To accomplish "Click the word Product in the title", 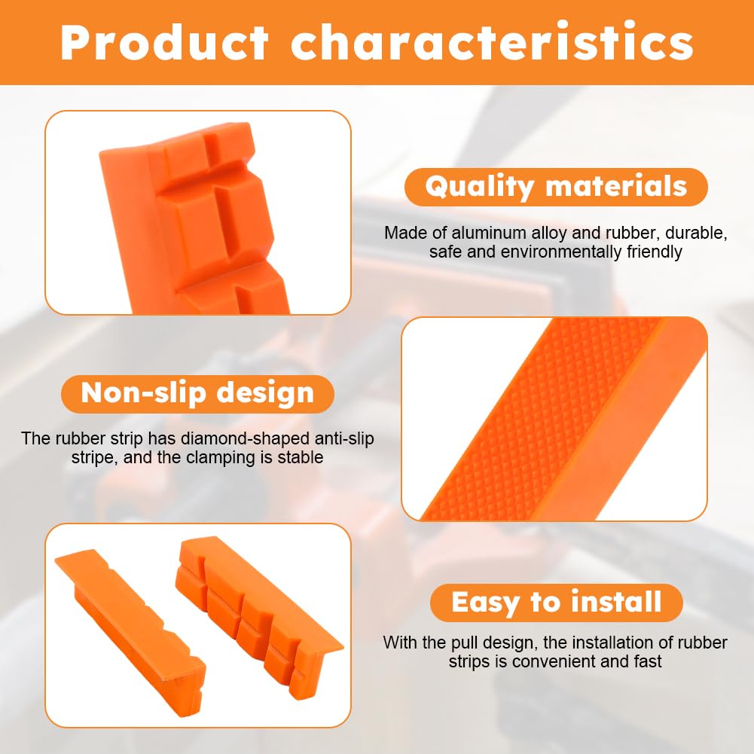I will [x=164, y=43].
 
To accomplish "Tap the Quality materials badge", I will [x=556, y=187].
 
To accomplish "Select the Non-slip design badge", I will [x=197, y=393].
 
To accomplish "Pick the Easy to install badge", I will [x=556, y=603].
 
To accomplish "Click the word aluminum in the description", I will [x=490, y=234].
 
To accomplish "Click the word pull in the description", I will [x=459, y=643].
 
